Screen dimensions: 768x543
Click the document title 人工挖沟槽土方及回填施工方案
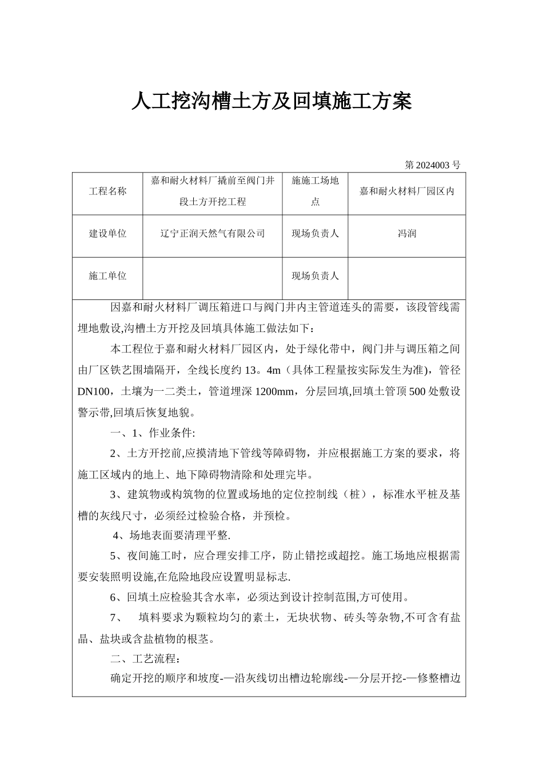tap(271, 102)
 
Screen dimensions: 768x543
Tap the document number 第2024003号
tap(432, 165)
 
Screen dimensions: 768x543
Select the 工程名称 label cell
tap(107, 191)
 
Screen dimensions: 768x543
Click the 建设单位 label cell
tap(107, 234)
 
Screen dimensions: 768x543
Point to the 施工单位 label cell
tap(107, 276)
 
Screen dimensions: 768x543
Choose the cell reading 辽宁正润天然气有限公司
tap(213, 234)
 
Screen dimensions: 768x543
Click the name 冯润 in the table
tap(407, 234)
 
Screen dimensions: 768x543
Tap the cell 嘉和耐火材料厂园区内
tap(407, 191)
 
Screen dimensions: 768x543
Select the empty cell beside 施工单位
tap(213, 276)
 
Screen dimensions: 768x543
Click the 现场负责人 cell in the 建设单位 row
tap(315, 234)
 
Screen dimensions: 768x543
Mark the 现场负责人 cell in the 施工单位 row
tap(315, 276)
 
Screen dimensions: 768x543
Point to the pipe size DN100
tap(95, 391)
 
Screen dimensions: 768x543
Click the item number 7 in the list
tap(113, 617)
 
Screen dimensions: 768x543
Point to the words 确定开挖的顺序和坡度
tap(165, 679)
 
